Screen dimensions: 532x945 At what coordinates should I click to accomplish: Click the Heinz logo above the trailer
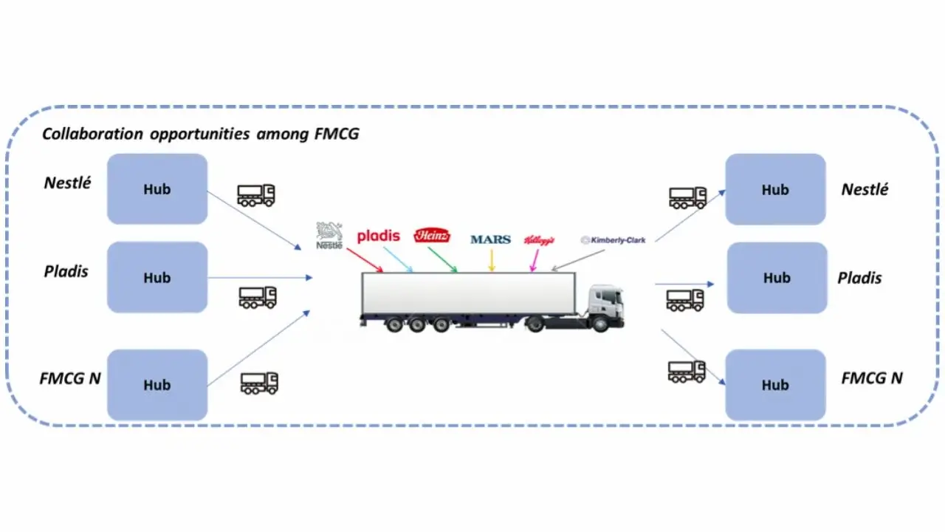[x=432, y=236]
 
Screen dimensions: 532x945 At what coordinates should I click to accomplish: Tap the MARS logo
[x=490, y=239]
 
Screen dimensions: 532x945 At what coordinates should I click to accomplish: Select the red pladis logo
[x=378, y=236]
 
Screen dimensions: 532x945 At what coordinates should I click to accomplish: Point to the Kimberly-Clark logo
[x=613, y=240]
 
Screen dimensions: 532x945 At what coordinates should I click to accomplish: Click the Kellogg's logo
[x=539, y=240]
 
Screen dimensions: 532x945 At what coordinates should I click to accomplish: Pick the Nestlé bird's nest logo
[x=329, y=235]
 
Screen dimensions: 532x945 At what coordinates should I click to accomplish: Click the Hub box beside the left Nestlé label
[x=157, y=189]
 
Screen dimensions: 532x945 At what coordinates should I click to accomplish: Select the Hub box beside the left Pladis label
[x=157, y=278]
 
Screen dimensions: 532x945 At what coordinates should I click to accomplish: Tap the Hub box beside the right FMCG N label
[x=775, y=385]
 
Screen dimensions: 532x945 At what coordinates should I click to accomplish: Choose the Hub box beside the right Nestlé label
[x=775, y=189]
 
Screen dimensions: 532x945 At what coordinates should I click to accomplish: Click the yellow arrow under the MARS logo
[x=492, y=261]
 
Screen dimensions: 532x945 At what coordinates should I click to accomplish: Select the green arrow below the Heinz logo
[x=443, y=260]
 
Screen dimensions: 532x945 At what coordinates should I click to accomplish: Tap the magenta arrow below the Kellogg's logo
[x=535, y=261]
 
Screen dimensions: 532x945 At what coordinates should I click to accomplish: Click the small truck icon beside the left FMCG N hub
[x=259, y=383]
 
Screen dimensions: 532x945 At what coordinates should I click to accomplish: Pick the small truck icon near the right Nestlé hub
[x=687, y=197]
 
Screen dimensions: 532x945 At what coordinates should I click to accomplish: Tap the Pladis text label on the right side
[x=859, y=279]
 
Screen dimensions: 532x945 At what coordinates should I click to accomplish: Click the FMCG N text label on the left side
[x=70, y=378]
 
